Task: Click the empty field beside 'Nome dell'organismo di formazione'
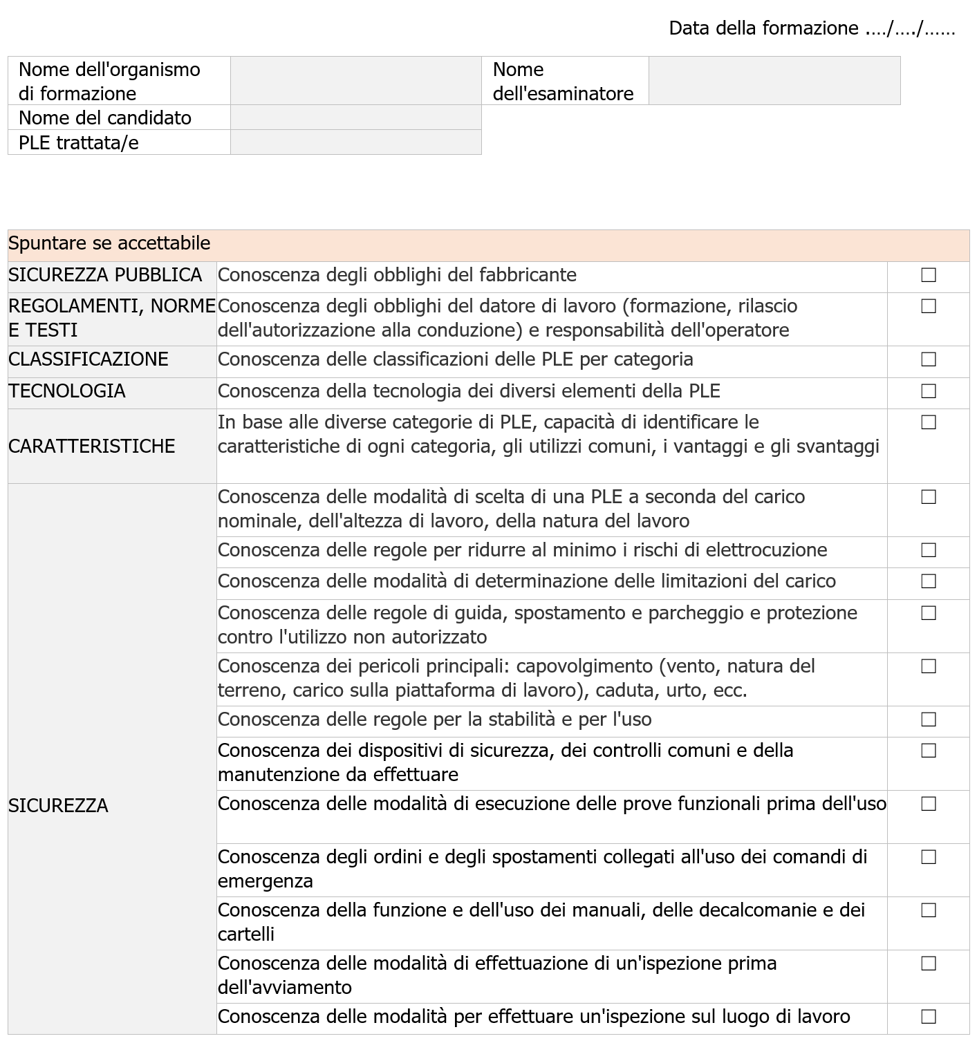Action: pyautogui.click(x=355, y=81)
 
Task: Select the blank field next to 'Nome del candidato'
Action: pyautogui.click(x=355, y=118)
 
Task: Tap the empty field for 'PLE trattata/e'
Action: pyautogui.click(x=355, y=142)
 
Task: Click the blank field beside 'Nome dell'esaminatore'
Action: pyautogui.click(x=774, y=81)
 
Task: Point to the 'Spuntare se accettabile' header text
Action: pyautogui.click(x=109, y=244)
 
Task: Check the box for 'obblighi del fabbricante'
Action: pyautogui.click(x=928, y=276)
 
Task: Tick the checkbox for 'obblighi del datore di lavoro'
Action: pyautogui.click(x=928, y=306)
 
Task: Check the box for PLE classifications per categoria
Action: pyautogui.click(x=928, y=360)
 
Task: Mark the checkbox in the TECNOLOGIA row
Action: pyautogui.click(x=928, y=392)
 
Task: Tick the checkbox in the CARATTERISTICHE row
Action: pyautogui.click(x=928, y=422)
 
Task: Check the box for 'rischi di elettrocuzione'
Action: pyautogui.click(x=928, y=551)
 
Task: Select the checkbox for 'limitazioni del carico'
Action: pyautogui.click(x=928, y=582)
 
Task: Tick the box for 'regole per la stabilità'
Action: pyautogui.click(x=928, y=720)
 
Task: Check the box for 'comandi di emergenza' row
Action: pyautogui.click(x=928, y=858)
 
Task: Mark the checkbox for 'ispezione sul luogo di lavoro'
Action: pyautogui.click(x=928, y=1017)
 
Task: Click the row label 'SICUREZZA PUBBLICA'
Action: pyautogui.click(x=105, y=276)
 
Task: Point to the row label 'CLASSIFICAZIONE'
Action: pyautogui.click(x=89, y=360)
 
